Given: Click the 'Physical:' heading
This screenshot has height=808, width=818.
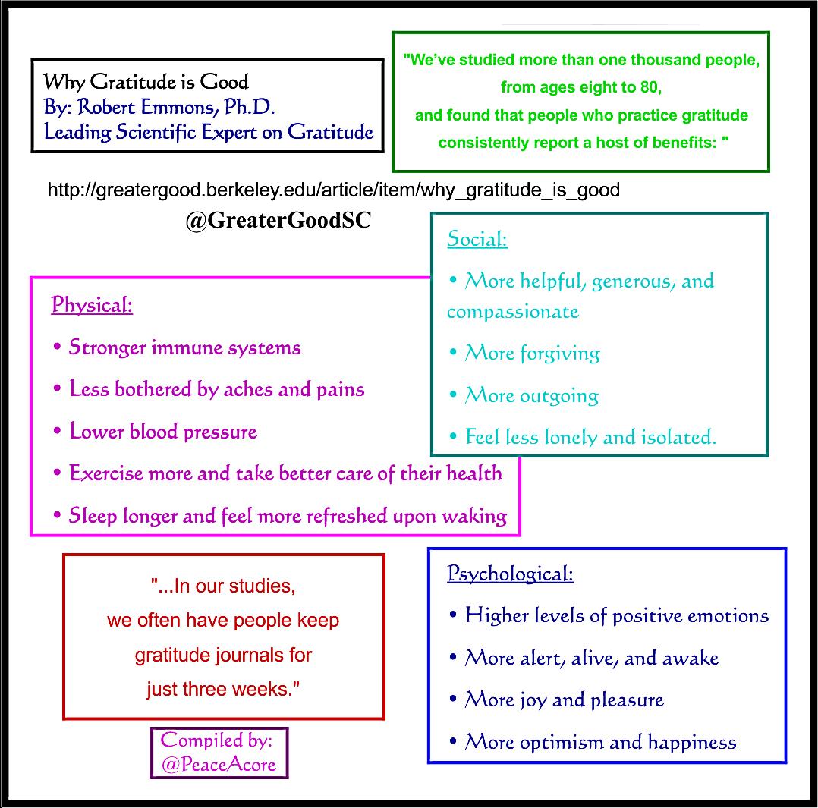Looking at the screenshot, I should (x=92, y=305).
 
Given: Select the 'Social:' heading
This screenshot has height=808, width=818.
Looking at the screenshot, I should (x=477, y=239).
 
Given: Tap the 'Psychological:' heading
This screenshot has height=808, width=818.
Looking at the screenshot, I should (x=510, y=573).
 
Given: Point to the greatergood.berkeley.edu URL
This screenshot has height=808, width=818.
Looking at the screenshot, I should (x=333, y=190).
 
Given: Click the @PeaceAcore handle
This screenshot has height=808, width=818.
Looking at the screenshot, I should (x=219, y=763).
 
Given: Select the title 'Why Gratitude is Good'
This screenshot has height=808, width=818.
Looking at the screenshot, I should (x=146, y=81).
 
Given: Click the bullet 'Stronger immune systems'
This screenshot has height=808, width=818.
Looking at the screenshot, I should (x=184, y=347).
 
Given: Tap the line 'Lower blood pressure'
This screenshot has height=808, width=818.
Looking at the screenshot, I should (x=163, y=432).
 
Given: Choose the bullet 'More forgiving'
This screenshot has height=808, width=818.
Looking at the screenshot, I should (x=532, y=354).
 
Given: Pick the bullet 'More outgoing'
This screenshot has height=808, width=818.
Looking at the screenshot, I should (x=531, y=395).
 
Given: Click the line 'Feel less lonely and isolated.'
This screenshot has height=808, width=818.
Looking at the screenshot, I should (x=590, y=437).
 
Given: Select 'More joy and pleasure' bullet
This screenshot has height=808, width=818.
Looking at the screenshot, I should (x=564, y=700).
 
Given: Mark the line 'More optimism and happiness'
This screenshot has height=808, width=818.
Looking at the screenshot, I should (x=600, y=741).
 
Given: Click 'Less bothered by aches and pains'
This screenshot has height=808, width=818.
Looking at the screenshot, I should (x=216, y=389).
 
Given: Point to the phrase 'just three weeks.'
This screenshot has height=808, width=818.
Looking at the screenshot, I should (x=224, y=689).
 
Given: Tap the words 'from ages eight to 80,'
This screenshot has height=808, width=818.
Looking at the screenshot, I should (x=581, y=87).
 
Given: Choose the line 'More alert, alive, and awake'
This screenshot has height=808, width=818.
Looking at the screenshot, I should (x=591, y=658).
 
